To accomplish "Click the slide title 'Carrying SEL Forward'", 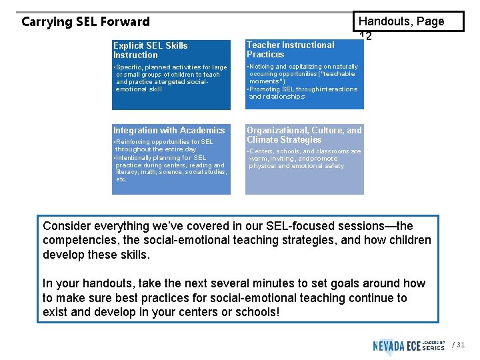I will (85, 22).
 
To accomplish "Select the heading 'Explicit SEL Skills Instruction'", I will (150, 50).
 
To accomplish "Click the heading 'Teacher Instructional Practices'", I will (290, 49).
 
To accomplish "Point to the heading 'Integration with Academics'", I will (169, 131).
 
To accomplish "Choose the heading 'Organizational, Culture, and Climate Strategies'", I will (304, 135).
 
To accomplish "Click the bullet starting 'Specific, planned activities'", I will (171, 78).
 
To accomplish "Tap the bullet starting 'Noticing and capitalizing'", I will (303, 74).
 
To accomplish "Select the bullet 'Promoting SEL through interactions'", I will (303, 93).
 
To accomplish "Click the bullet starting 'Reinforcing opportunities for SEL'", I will (163, 145).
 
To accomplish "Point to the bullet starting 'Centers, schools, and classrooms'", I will (304, 159).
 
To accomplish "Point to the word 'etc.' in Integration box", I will (121, 179).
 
